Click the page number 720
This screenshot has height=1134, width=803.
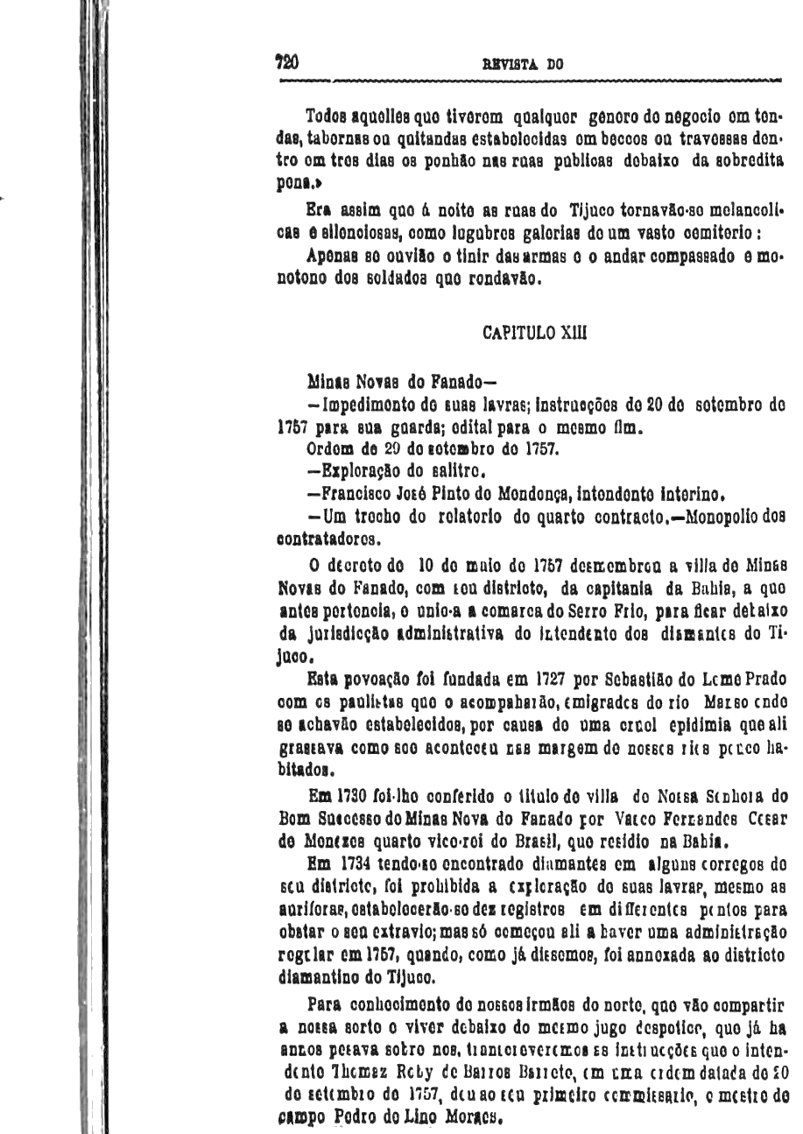pos(286,62)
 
